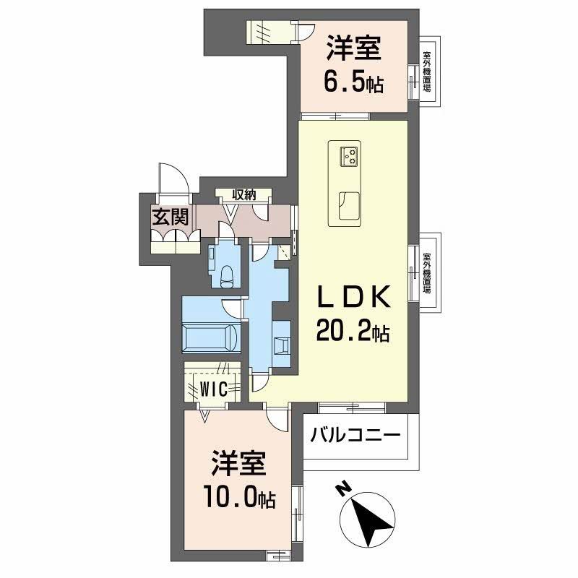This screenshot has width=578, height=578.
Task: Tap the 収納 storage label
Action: (x=245, y=194)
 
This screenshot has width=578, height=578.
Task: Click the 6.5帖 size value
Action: (x=353, y=85)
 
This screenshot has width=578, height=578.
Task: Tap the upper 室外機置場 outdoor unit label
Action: (x=427, y=71)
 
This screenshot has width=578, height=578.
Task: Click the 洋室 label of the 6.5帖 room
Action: (x=353, y=50)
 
